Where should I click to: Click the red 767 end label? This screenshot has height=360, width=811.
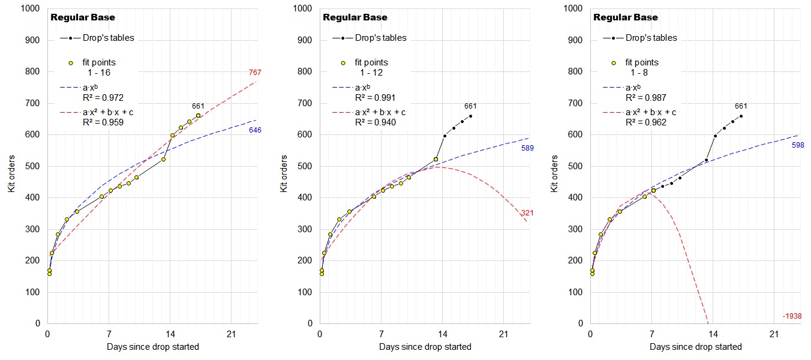coord(254,73)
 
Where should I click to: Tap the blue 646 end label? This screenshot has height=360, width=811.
coord(255,130)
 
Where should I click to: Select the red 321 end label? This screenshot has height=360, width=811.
coord(527,213)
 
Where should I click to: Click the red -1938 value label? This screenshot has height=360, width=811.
coord(792,316)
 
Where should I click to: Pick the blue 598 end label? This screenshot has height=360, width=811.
coord(797,145)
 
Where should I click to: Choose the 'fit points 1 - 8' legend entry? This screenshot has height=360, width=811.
coord(641,67)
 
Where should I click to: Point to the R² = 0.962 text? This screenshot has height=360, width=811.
coord(645,122)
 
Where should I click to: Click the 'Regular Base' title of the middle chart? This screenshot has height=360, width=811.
coord(355,17)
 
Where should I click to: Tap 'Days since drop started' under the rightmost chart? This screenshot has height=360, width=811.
coord(695,347)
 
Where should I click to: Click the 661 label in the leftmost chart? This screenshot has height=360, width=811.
coord(199,106)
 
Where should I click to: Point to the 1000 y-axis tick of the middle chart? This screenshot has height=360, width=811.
coord(303,9)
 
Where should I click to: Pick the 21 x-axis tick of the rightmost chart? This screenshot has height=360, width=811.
coord(774,334)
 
